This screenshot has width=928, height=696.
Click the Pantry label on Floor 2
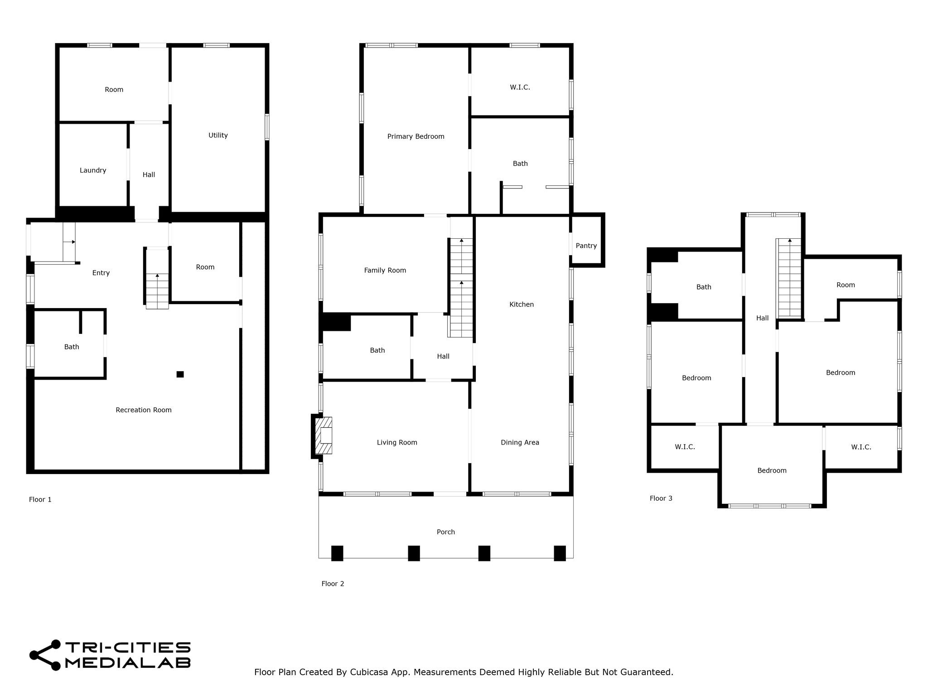click(586, 246)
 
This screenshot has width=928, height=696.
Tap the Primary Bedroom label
click(416, 136)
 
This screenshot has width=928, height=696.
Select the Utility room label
click(218, 135)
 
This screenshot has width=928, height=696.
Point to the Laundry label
click(93, 170)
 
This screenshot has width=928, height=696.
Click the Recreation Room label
click(144, 410)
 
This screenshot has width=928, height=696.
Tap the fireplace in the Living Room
click(323, 435)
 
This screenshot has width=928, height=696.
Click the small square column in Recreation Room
click(180, 374)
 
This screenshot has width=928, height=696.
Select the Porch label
click(446, 532)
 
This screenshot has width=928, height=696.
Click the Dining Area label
click(520, 443)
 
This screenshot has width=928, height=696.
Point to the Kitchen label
click(522, 304)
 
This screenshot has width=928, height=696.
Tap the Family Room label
click(385, 271)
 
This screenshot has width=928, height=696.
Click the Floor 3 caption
click(661, 498)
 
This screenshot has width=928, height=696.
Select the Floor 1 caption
click(40, 499)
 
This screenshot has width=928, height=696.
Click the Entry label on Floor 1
click(101, 273)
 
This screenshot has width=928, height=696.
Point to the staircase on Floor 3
click(789, 277)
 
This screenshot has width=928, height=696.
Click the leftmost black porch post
click(337, 553)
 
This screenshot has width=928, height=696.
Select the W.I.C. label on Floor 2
click(520, 87)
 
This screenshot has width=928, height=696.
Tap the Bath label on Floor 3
click(704, 287)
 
